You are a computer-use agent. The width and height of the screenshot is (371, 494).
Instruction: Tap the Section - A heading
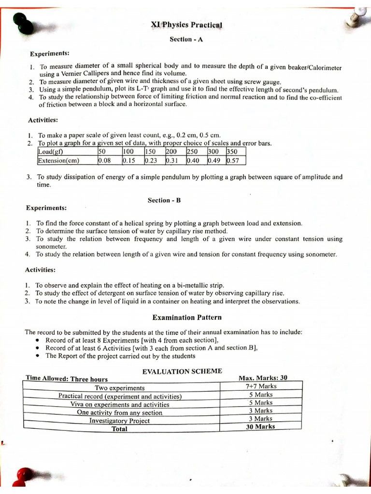tap(185, 40)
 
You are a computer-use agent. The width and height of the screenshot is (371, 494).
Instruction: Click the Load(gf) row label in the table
tap(51, 152)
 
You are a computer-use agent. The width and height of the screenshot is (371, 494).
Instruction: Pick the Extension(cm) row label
tap(58, 161)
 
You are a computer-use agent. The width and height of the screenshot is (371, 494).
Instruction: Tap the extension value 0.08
tap(104, 161)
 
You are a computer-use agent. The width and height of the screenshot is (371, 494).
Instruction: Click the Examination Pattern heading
tap(187, 317)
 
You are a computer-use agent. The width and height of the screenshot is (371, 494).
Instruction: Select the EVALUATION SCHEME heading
tap(182, 371)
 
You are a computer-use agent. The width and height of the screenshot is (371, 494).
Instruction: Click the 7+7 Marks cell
tap(261, 386)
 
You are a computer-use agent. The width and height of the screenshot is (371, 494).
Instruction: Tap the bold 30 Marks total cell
tap(260, 426)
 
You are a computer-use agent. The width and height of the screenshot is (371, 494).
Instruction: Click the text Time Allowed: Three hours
tap(67, 379)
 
